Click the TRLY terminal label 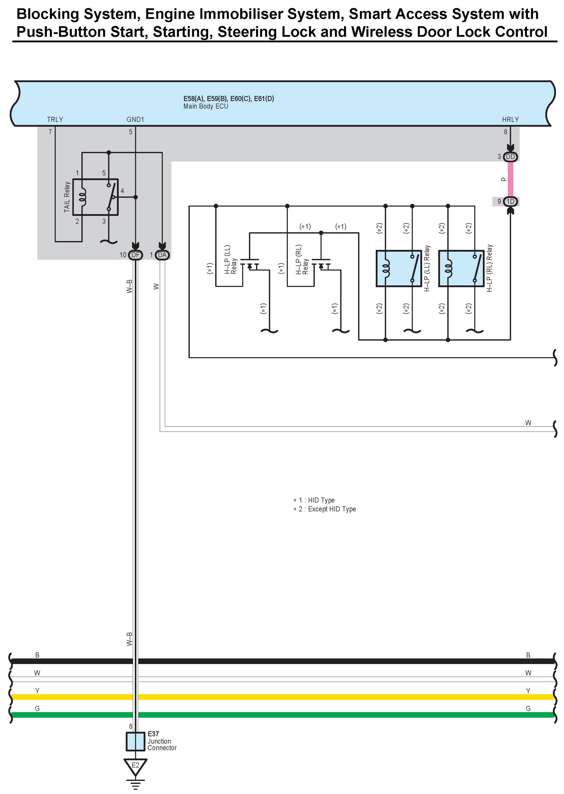click(55, 119)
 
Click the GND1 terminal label click(135, 119)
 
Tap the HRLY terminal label click(510, 119)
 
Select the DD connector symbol click(510, 157)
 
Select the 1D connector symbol click(510, 201)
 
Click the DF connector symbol click(135, 255)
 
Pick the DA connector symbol click(162, 255)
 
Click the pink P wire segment click(510, 179)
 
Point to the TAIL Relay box click(95, 197)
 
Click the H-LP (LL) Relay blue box click(399, 268)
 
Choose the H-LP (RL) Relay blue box click(461, 268)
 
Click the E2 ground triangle click(135, 766)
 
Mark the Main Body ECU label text click(206, 106)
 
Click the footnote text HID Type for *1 click(321, 500)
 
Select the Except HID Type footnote click(332, 509)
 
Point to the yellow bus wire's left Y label click(37, 691)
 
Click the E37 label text click(153, 734)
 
